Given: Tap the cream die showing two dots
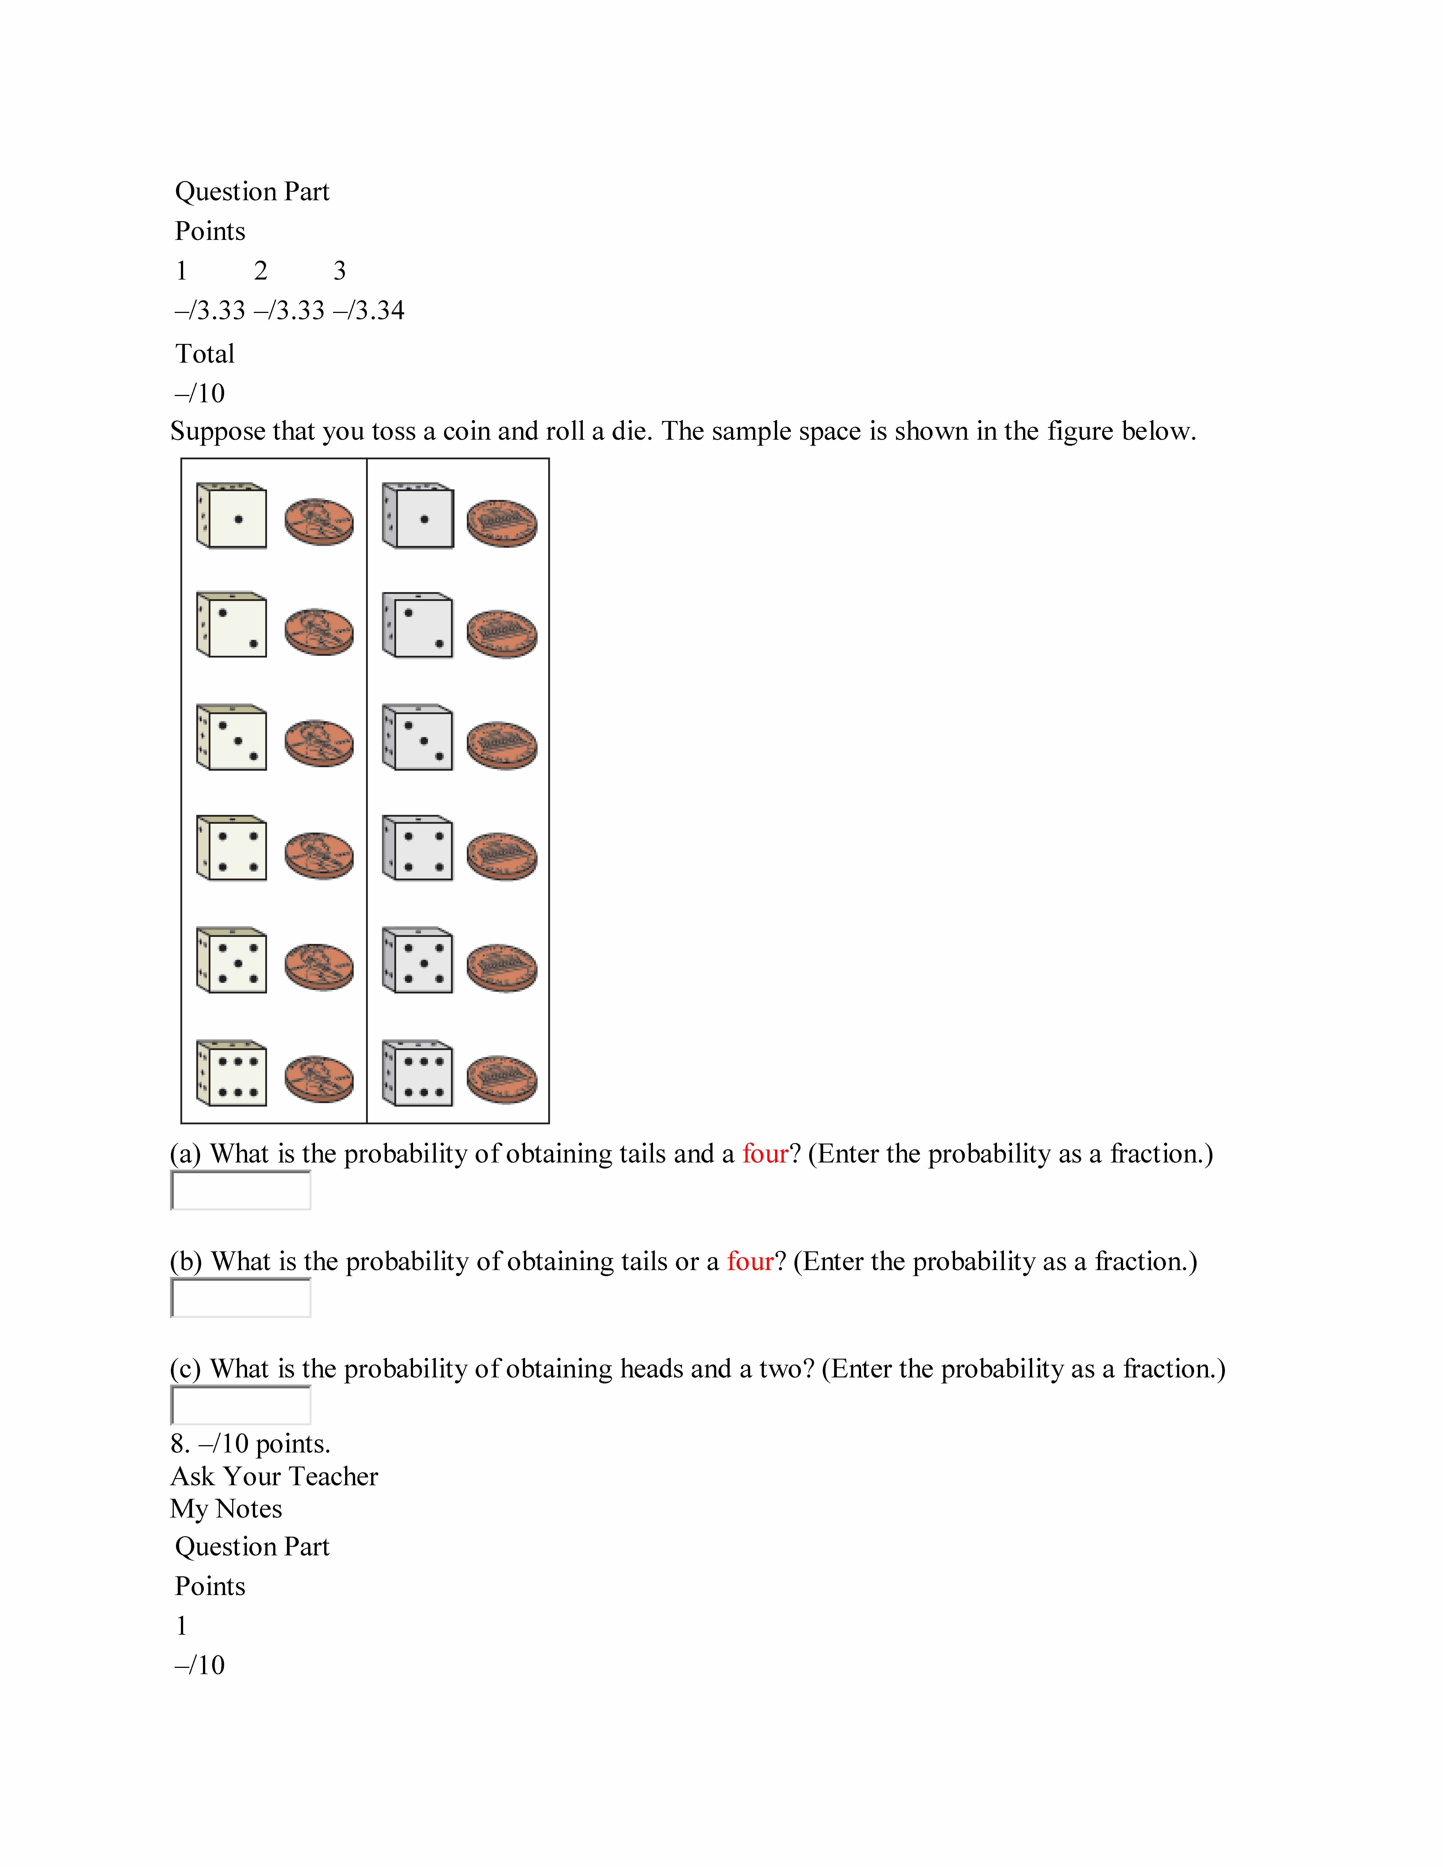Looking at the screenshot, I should (232, 625).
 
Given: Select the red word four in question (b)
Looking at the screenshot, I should (750, 1262).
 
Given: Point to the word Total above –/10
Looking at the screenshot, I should (205, 354).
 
